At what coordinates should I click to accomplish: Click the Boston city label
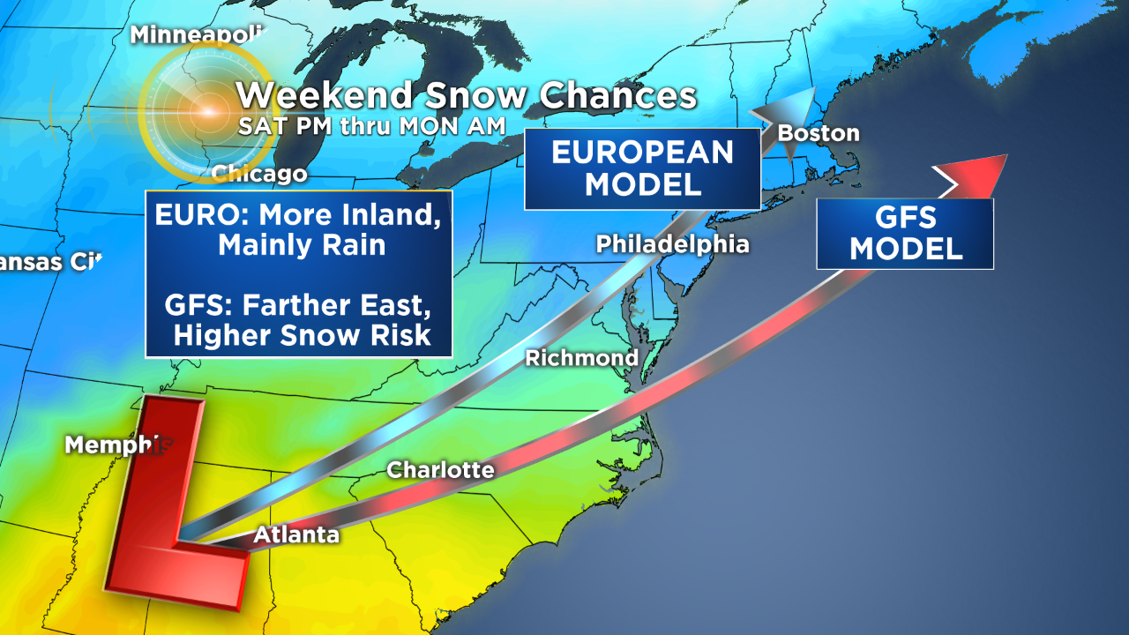pyautogui.click(x=818, y=133)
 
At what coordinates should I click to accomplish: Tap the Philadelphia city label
pyautogui.click(x=672, y=243)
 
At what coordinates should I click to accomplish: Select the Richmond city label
pyautogui.click(x=581, y=357)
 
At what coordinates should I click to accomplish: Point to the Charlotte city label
pyautogui.click(x=440, y=470)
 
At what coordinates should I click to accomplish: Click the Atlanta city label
pyautogui.click(x=296, y=534)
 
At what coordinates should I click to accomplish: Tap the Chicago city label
pyautogui.click(x=259, y=174)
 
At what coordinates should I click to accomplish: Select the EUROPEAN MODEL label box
pyautogui.click(x=642, y=168)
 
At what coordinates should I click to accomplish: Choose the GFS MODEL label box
pyautogui.click(x=905, y=234)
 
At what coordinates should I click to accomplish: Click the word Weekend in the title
pyautogui.click(x=324, y=95)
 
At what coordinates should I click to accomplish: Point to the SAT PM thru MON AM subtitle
pyautogui.click(x=371, y=126)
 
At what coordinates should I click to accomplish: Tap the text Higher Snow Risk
pyautogui.click(x=302, y=335)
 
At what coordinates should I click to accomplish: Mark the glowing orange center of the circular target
pyautogui.click(x=207, y=112)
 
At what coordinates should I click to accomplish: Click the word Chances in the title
pyautogui.click(x=617, y=95)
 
